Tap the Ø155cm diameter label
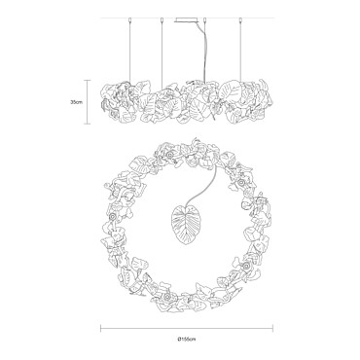(187, 340)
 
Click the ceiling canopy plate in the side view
(187, 20)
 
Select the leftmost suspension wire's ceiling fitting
(129, 20)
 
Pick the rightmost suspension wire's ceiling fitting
(240, 20)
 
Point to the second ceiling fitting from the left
(162, 20)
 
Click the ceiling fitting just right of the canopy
(204, 20)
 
